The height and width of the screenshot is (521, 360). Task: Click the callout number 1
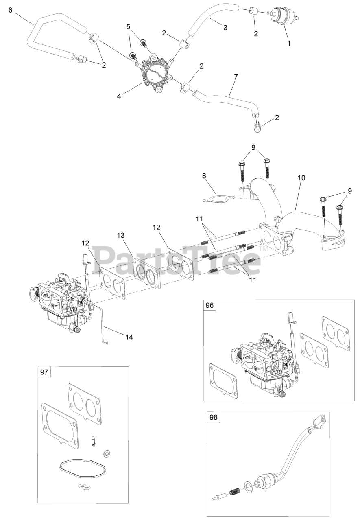click(x=289, y=43)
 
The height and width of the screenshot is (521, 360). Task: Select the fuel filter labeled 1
click(x=283, y=15)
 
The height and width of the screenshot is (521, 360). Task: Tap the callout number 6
click(x=11, y=9)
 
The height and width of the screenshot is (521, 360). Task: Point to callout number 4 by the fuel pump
click(x=119, y=96)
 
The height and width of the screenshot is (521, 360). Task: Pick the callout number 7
click(x=236, y=77)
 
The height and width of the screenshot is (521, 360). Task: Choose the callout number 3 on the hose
click(x=225, y=28)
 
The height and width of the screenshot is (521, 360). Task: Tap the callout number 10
click(x=301, y=178)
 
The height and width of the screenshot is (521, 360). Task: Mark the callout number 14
click(x=129, y=337)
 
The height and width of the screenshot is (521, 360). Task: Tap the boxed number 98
click(x=214, y=418)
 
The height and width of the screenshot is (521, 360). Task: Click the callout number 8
click(x=204, y=176)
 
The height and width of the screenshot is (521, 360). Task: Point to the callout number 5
click(x=129, y=27)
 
